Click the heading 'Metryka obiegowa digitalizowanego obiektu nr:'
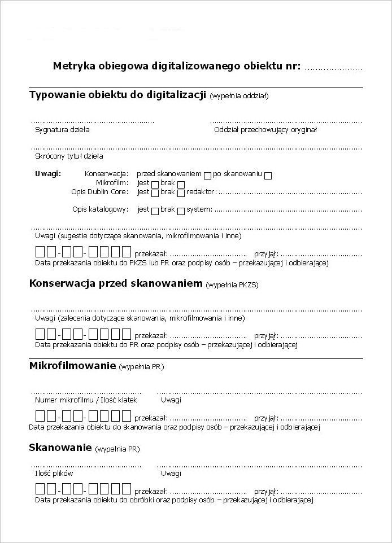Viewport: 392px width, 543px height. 177,65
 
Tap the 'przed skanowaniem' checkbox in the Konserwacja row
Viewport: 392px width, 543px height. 207,175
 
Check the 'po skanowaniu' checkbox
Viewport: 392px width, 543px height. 268,175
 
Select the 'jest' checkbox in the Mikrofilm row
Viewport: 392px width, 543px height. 155,184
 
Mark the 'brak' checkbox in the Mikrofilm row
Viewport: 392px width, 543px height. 181,184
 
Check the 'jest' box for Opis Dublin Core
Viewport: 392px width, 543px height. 155,193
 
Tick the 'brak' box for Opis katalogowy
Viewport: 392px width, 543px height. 181,211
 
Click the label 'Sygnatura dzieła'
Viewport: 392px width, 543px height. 62,129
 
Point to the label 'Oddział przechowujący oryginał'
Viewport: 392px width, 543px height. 265,129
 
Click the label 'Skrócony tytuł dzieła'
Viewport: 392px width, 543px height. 69,156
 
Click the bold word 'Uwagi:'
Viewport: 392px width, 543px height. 48,173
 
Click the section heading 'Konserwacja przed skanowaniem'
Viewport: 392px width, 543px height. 115,283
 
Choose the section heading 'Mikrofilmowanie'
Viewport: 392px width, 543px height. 72,366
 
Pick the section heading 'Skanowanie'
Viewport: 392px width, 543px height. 60,448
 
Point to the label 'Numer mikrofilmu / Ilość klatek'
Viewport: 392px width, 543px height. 86,400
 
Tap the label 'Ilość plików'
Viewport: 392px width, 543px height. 54,473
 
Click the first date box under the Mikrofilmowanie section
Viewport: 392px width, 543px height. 41,417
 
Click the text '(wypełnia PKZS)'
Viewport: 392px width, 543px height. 233,284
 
